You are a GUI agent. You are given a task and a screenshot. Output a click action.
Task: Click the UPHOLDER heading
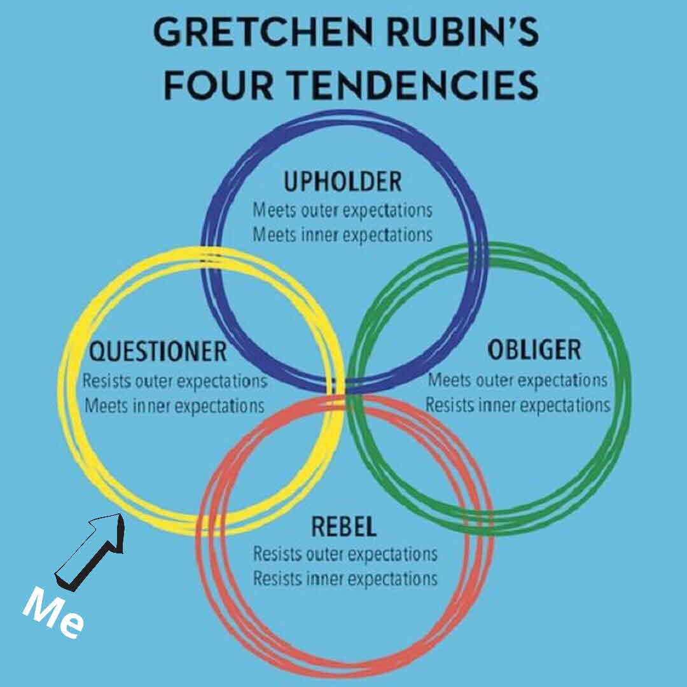(x=343, y=182)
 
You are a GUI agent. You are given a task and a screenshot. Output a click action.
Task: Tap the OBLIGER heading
(x=534, y=349)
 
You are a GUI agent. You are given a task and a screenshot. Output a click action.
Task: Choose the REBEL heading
(x=343, y=527)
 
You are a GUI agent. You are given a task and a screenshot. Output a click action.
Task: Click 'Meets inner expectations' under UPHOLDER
(x=342, y=234)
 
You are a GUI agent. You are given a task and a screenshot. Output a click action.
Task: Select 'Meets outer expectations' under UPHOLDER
(x=342, y=209)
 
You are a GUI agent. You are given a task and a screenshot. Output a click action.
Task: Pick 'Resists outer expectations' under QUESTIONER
(x=175, y=382)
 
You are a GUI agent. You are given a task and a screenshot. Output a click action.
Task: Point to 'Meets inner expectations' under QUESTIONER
(x=174, y=406)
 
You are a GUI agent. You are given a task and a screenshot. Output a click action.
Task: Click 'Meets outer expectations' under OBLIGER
(x=517, y=380)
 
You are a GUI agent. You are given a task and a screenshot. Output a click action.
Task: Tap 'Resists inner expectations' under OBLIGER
(x=517, y=405)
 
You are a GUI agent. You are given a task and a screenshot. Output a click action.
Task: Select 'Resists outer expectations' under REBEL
(x=345, y=553)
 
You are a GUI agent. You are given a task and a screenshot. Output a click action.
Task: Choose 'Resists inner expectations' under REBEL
(x=345, y=578)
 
